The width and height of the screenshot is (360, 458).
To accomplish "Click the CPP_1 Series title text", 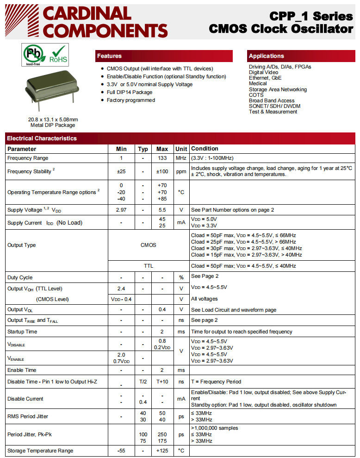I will [313, 16].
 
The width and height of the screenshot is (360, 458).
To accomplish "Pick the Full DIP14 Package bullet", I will [130, 92].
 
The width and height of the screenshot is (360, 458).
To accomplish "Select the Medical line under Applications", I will [258, 84].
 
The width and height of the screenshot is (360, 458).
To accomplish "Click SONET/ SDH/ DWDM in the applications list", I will [274, 106].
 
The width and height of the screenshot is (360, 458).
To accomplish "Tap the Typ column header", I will [143, 149].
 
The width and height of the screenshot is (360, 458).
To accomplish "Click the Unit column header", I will [181, 149].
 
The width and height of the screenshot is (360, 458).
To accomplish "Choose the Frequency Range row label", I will [28, 158].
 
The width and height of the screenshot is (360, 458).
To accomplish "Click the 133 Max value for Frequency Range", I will [162, 158].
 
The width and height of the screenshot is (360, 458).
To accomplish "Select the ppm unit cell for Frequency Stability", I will [181, 171].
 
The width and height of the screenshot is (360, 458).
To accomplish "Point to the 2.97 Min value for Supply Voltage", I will [121, 210].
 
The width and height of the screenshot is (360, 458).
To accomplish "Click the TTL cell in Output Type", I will [148, 266].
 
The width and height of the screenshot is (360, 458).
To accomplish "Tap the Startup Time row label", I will [22, 332].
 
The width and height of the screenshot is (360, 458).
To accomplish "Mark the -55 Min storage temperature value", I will [121, 451].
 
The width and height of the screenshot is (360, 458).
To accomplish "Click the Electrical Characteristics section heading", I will [42, 138].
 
